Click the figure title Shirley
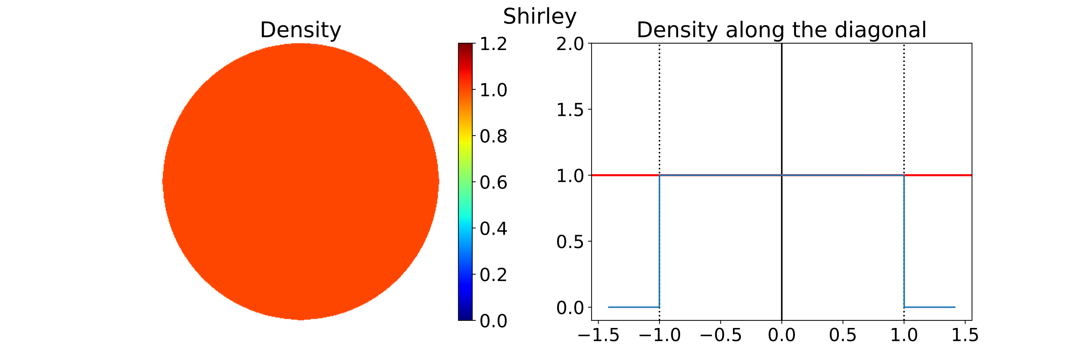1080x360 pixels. [540, 17]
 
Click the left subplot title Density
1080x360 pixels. [301, 30]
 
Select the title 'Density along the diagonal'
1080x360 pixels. [781, 30]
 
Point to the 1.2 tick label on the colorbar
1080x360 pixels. [493, 44]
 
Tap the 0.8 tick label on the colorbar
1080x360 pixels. [493, 136]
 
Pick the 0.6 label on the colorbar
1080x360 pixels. [493, 183]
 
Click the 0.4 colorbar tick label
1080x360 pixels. [493, 229]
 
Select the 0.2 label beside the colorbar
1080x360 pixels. [493, 275]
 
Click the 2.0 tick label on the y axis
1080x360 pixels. [570, 44]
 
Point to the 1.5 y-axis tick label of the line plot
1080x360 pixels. [570, 110]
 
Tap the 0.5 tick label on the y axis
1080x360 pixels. [570, 242]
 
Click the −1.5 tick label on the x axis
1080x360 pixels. [598, 335]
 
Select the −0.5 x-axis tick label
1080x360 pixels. [721, 335]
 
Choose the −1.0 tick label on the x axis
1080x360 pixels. [660, 335]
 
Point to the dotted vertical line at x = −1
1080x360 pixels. [660, 105]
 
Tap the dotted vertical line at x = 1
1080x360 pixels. [904, 105]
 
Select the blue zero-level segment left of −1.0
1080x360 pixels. [633, 307]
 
